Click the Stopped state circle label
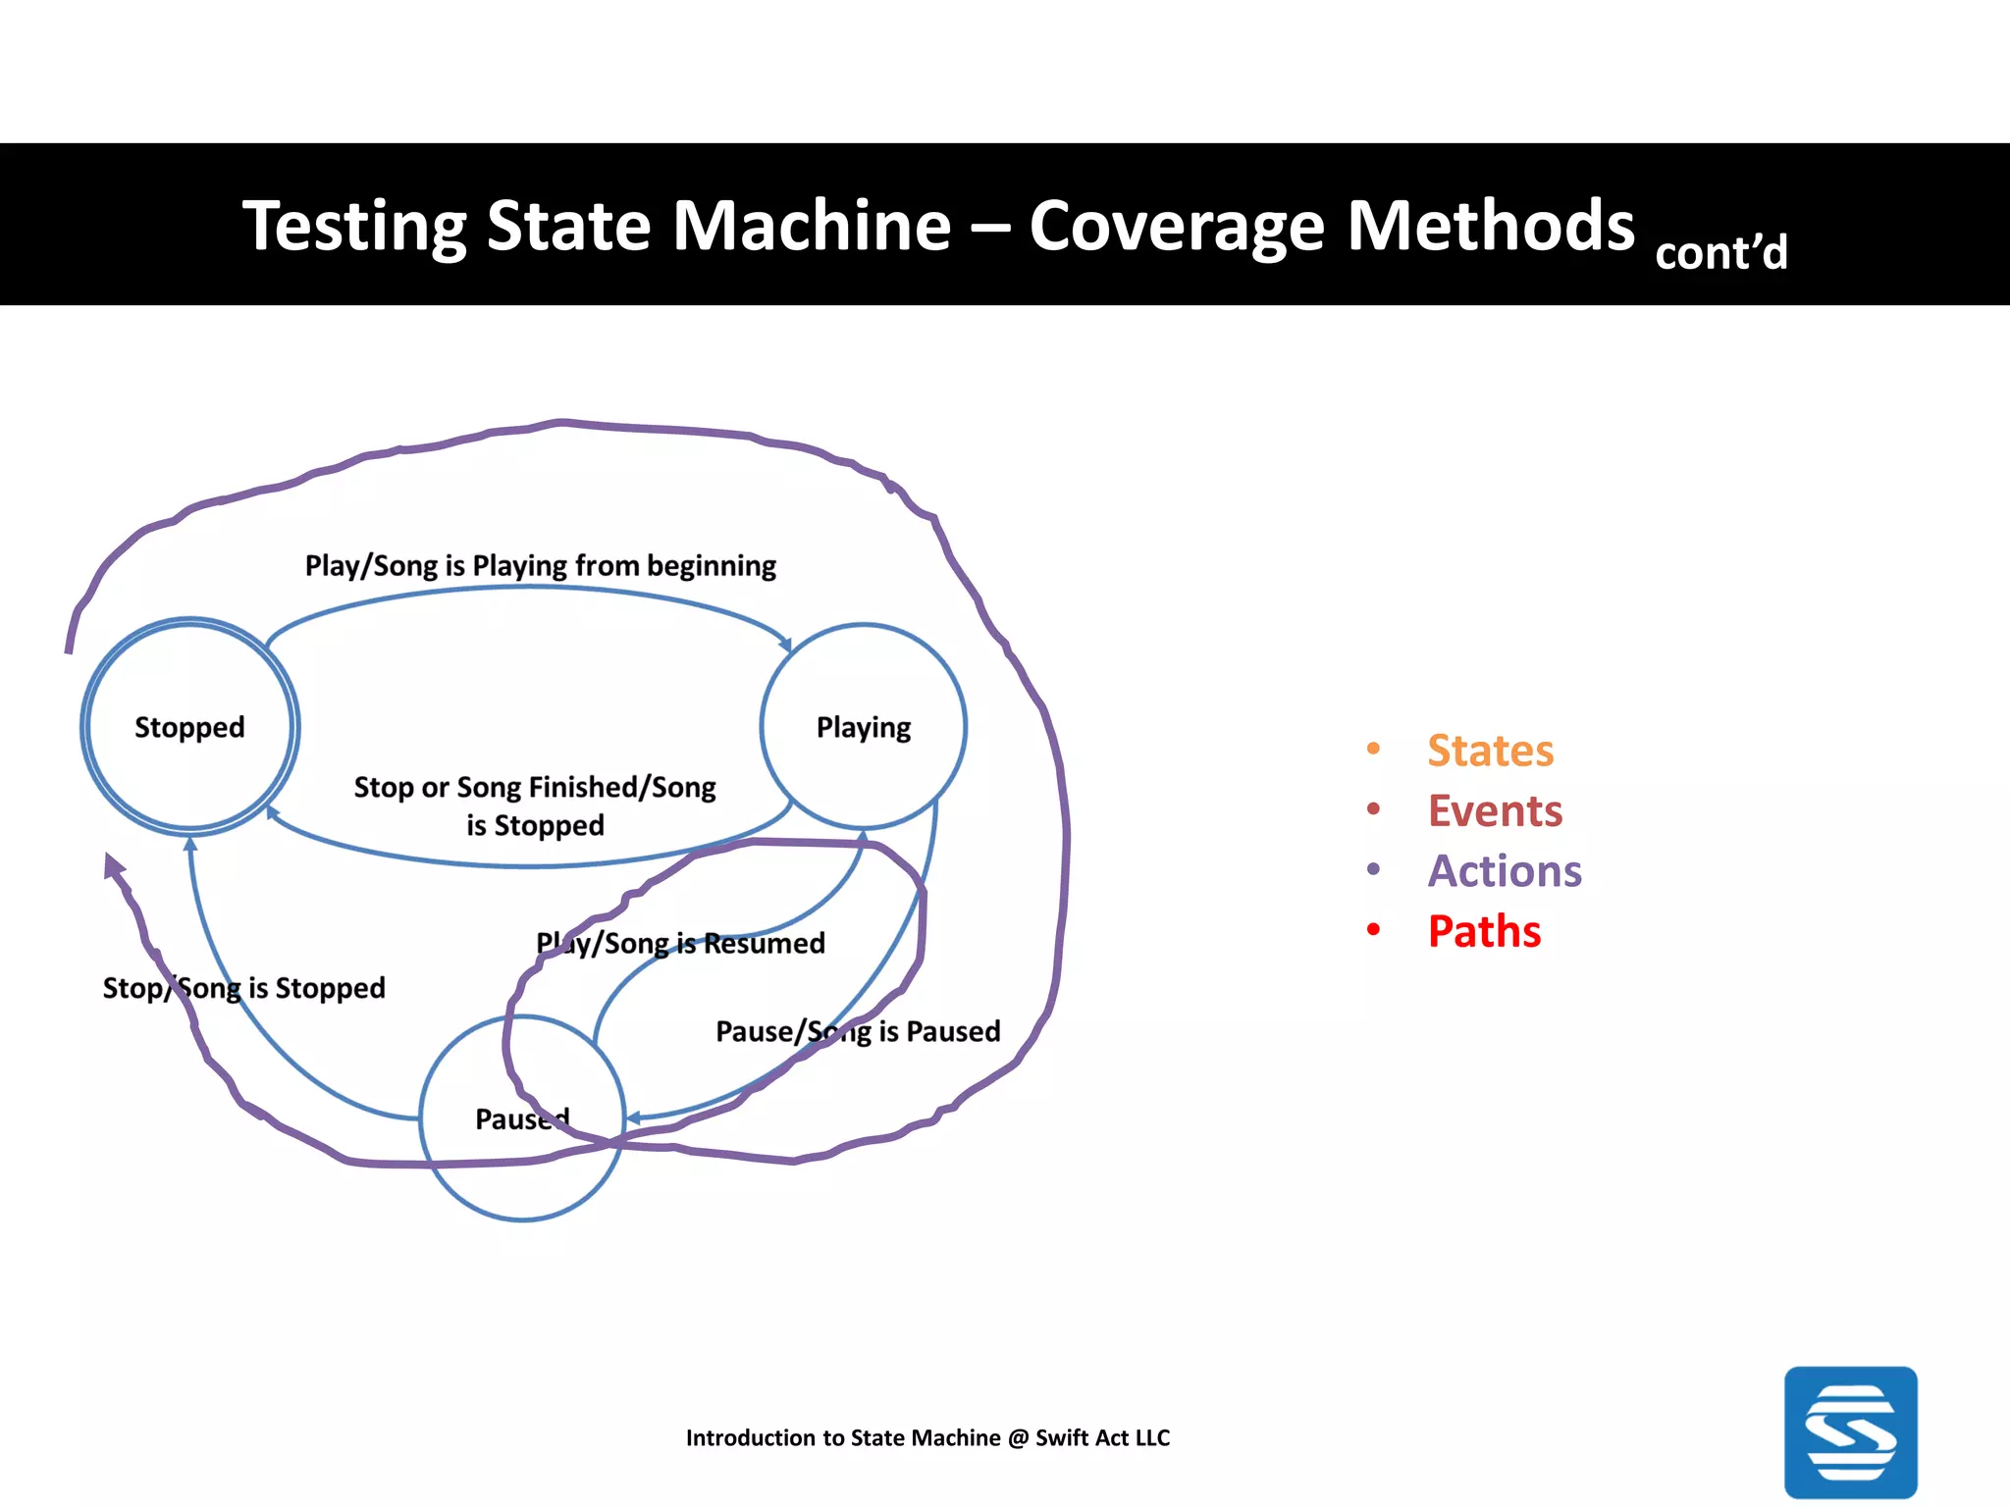189,727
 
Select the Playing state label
864,727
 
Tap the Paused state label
521,1118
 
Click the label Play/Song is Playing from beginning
540,566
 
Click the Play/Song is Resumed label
680,943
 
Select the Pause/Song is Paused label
858,1031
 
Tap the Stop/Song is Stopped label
243,987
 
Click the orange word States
1490,751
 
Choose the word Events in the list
1494,810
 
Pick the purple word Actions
1504,871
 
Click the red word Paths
1484,931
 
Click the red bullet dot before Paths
1373,929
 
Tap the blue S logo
1850,1431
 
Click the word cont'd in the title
1720,253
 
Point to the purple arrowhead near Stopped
113,865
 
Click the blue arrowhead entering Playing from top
786,645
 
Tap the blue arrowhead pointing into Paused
633,1117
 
